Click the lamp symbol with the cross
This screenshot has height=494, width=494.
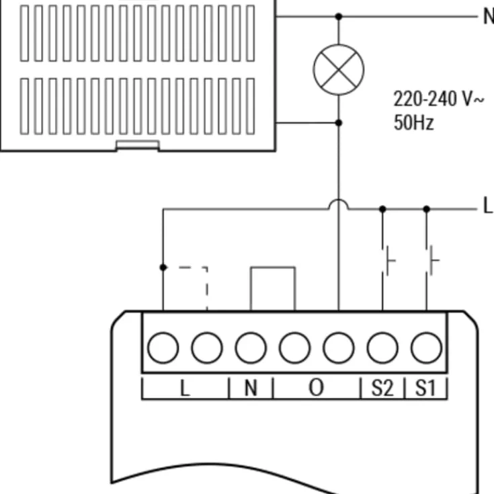pyautogui.click(x=339, y=70)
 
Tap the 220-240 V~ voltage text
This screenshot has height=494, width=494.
pyautogui.click(x=438, y=99)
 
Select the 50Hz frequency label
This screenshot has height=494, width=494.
pyautogui.click(x=413, y=122)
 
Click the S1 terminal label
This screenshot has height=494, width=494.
pyautogui.click(x=425, y=388)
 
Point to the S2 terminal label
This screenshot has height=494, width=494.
pyautogui.click(x=382, y=388)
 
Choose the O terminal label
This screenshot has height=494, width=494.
pyautogui.click(x=317, y=388)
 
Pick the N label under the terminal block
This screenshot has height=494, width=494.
pyautogui.click(x=251, y=388)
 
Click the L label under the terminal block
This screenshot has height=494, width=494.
pyautogui.click(x=185, y=388)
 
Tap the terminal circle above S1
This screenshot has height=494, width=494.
pyautogui.click(x=427, y=348)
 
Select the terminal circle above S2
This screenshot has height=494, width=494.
pyautogui.click(x=382, y=348)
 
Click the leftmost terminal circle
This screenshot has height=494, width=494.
pyautogui.click(x=163, y=348)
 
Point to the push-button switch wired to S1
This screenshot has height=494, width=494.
pyautogui.click(x=431, y=261)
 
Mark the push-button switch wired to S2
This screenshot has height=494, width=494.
pyautogui.click(x=387, y=261)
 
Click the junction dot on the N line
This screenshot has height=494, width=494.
pyautogui.click(x=339, y=16)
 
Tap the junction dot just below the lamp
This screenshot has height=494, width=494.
pyautogui.click(x=339, y=123)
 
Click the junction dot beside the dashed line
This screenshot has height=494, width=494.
pyautogui.click(x=163, y=267)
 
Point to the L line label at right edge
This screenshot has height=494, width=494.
pyautogui.click(x=488, y=206)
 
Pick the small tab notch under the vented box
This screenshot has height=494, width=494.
pyautogui.click(x=138, y=145)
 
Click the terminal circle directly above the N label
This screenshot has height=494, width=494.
pyautogui.click(x=251, y=348)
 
